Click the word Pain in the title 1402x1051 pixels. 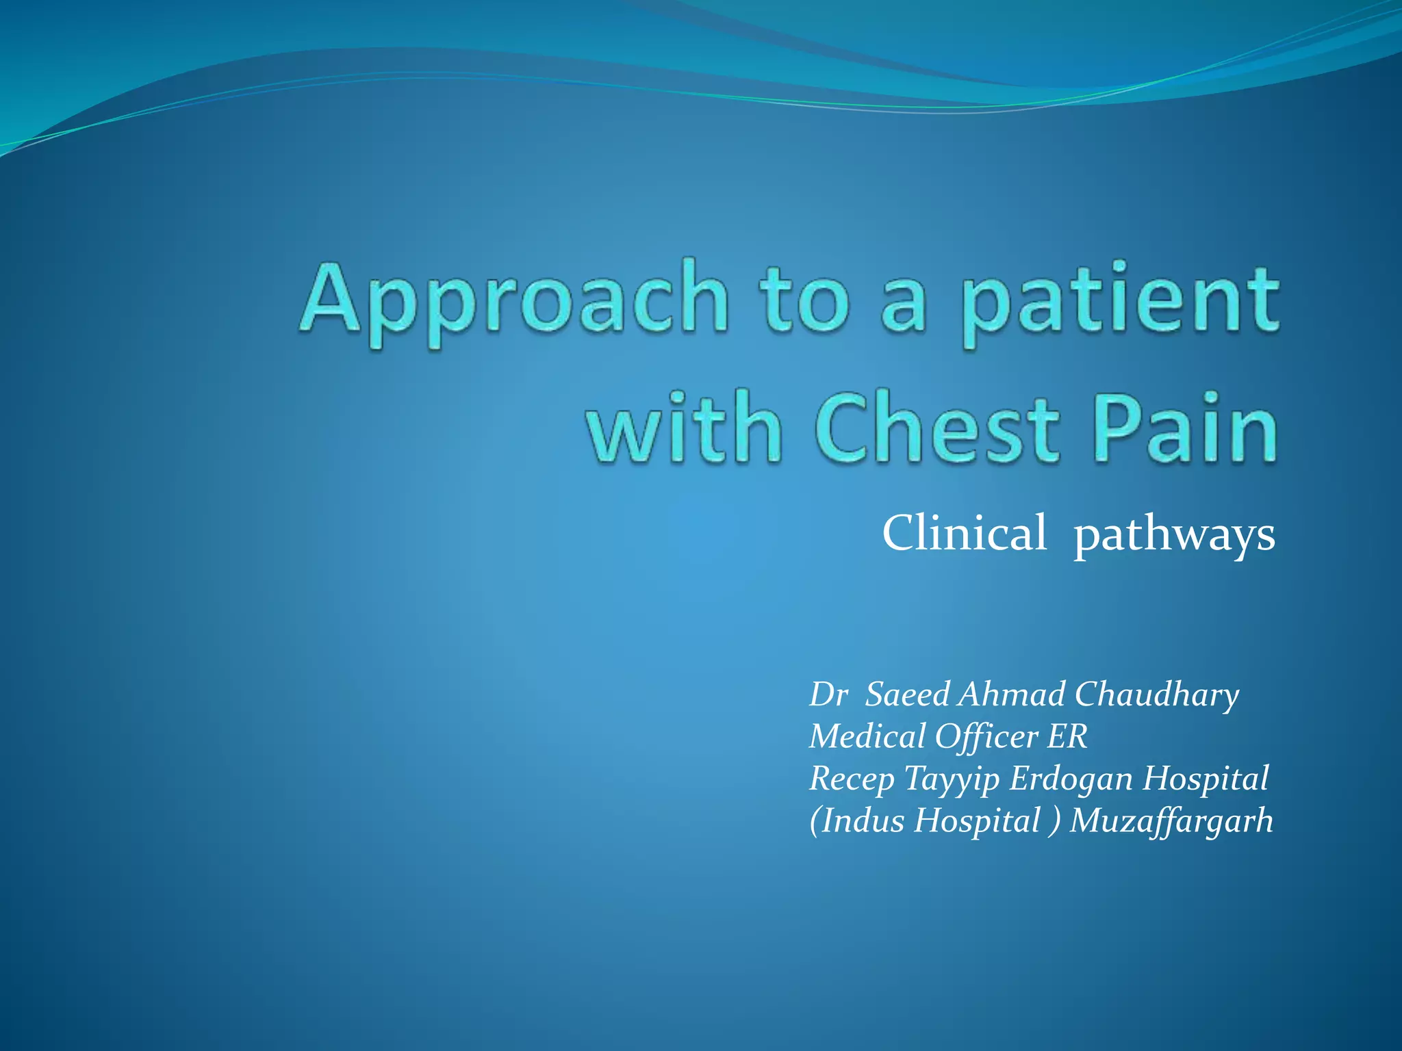coord(1186,428)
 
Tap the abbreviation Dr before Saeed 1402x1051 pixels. coord(828,695)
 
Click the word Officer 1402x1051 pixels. coord(986,737)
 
